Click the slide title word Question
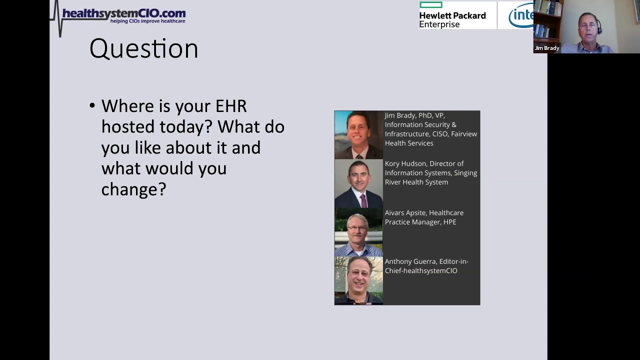pyautogui.click(x=143, y=49)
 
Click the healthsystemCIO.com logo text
pyautogui.click(x=123, y=13)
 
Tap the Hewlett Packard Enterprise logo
pyautogui.click(x=452, y=19)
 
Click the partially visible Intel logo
pyautogui.click(x=521, y=16)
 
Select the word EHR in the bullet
pyautogui.click(x=231, y=106)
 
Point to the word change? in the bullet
pyautogui.click(x=133, y=189)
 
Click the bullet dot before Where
pyautogui.click(x=92, y=105)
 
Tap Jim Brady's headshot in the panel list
pyautogui.click(x=358, y=134)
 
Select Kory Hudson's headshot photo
pyautogui.click(x=358, y=183)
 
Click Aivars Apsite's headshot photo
pyautogui.click(x=358, y=231)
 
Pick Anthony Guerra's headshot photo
pyautogui.click(x=358, y=280)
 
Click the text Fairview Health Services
pyautogui.click(x=430, y=138)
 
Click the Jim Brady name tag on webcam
pyautogui.click(x=546, y=48)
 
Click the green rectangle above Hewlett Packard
pyautogui.click(x=430, y=5)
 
